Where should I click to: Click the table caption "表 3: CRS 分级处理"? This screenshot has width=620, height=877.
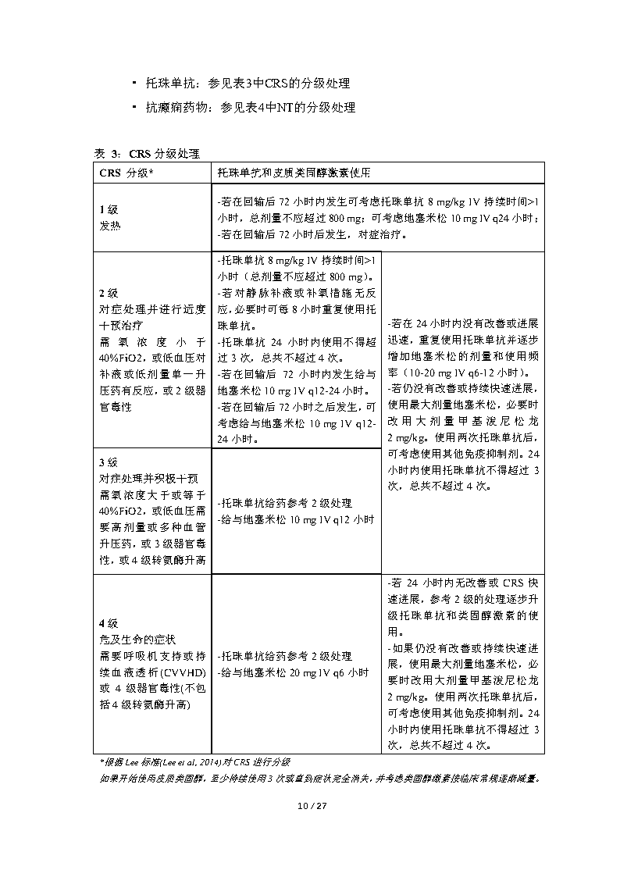click(148, 152)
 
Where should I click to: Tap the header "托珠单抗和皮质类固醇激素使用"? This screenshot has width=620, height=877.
click(294, 172)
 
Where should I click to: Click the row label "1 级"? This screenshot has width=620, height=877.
click(108, 210)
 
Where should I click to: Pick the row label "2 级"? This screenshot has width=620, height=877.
click(108, 293)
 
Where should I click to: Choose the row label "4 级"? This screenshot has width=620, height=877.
click(108, 623)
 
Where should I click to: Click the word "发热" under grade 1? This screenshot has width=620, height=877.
click(110, 225)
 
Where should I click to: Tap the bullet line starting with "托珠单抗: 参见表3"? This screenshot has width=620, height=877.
click(247, 84)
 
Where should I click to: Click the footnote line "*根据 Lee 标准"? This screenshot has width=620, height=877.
click(195, 761)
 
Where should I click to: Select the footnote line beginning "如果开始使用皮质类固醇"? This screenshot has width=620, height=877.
click(320, 778)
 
